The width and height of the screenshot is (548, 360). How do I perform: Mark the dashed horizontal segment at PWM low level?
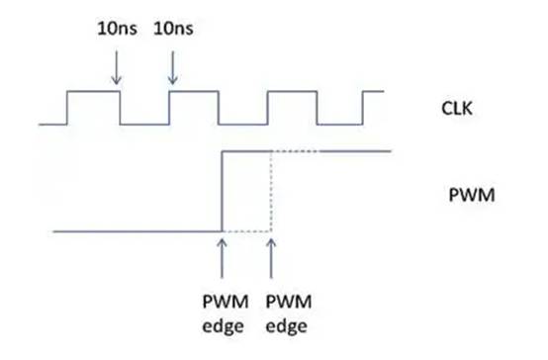pos(246,231)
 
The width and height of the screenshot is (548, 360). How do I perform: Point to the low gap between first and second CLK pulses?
pos(143,124)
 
